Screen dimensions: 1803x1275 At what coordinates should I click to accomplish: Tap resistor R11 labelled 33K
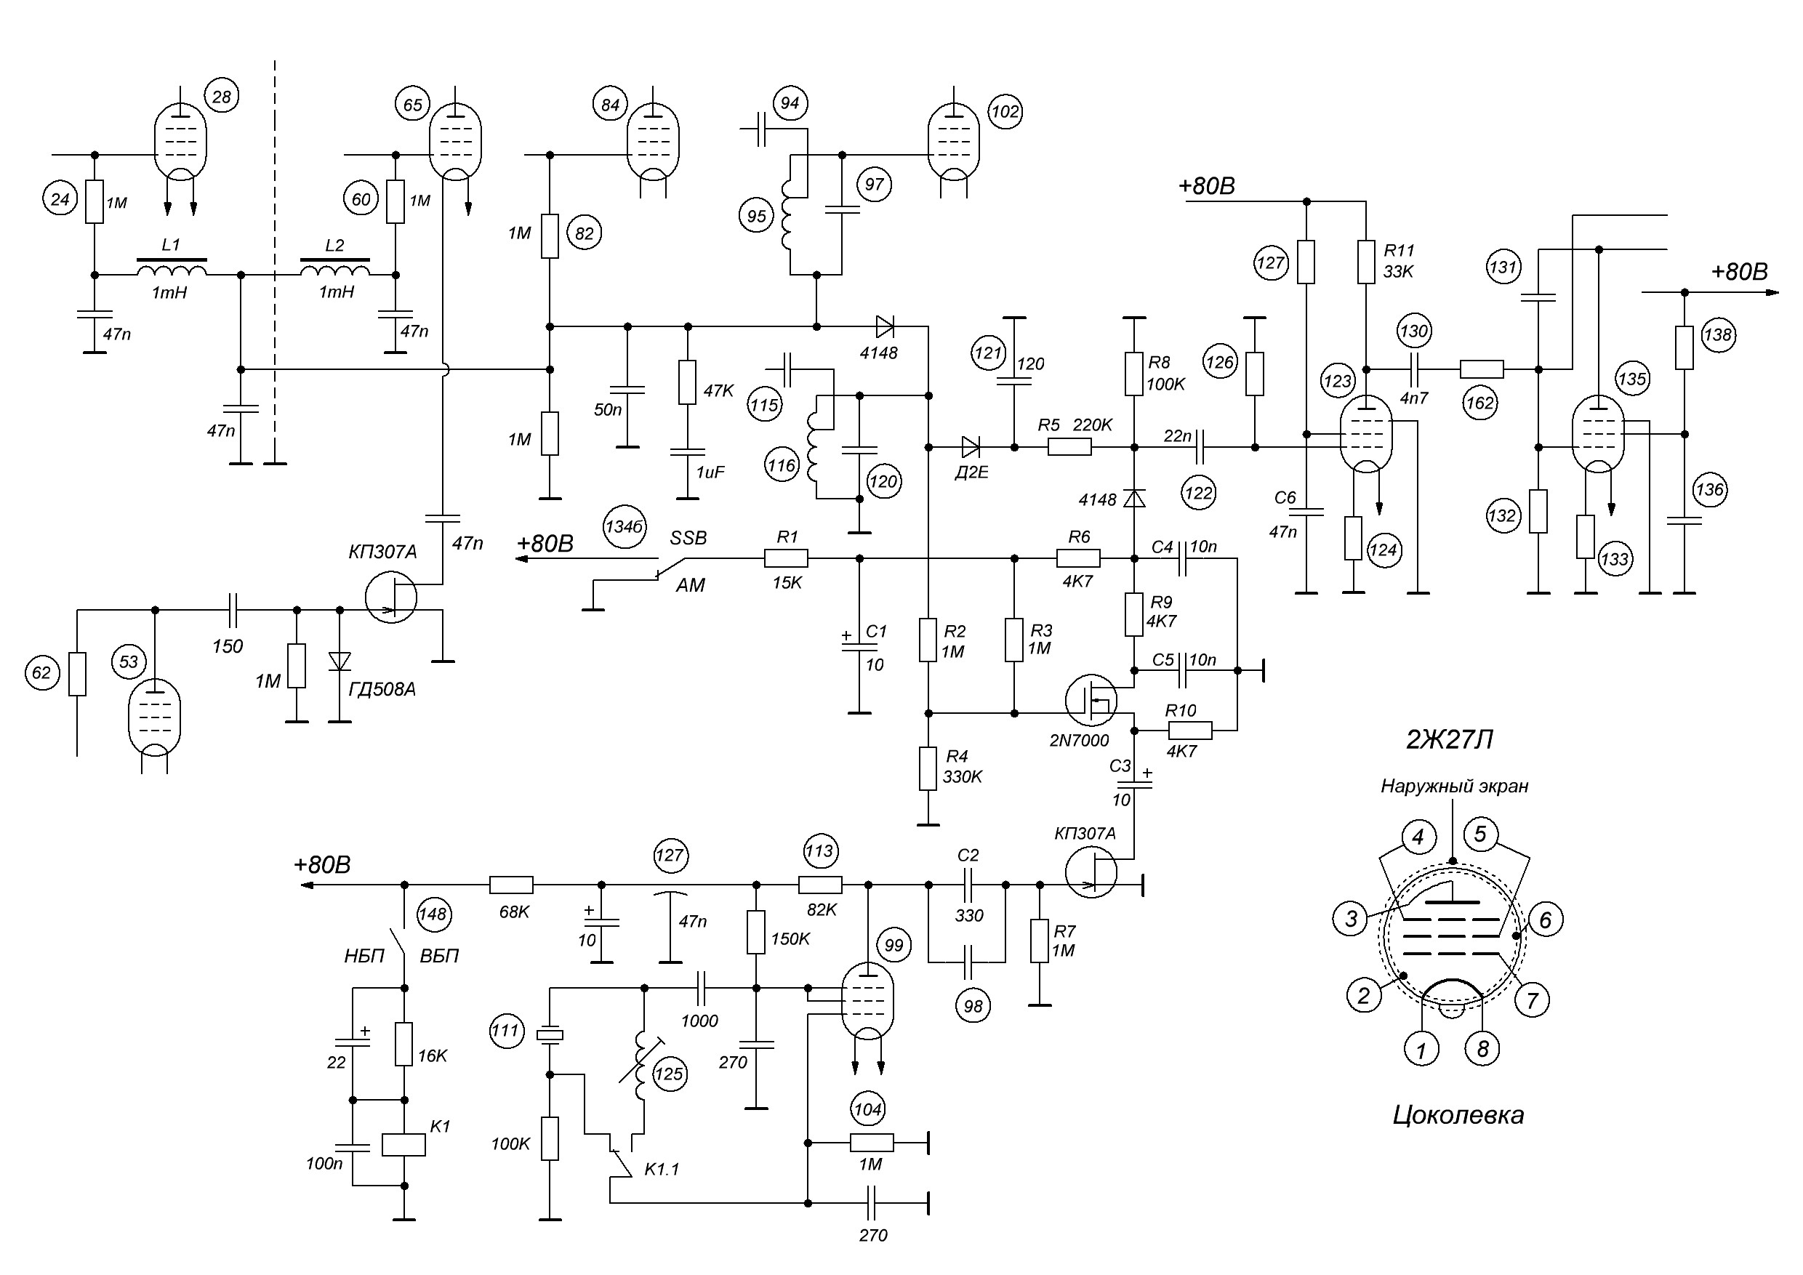1366,262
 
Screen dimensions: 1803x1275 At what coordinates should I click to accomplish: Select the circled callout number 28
222,97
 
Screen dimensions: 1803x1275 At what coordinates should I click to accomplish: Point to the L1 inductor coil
172,269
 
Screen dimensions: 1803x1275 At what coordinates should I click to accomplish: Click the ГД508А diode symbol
340,661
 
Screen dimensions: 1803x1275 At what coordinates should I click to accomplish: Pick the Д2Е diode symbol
971,448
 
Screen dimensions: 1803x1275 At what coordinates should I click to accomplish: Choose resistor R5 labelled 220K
1069,448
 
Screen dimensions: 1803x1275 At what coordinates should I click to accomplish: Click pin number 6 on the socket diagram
1545,920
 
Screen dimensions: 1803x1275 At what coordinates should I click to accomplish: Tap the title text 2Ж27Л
1450,739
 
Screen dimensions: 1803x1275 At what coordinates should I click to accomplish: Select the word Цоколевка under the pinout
1458,1115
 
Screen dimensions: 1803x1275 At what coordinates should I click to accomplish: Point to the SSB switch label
688,538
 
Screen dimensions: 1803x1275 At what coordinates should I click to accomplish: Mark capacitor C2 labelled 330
968,885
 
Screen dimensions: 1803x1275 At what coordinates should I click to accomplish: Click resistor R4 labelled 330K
928,768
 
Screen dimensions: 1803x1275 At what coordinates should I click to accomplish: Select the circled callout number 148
433,914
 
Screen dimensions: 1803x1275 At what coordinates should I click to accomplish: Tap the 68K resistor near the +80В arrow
511,885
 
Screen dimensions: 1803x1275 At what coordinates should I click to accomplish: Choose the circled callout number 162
1480,403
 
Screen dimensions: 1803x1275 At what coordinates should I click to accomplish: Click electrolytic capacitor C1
859,647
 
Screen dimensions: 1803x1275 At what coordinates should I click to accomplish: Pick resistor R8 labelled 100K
1134,374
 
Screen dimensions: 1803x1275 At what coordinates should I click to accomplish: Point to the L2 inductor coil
335,269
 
